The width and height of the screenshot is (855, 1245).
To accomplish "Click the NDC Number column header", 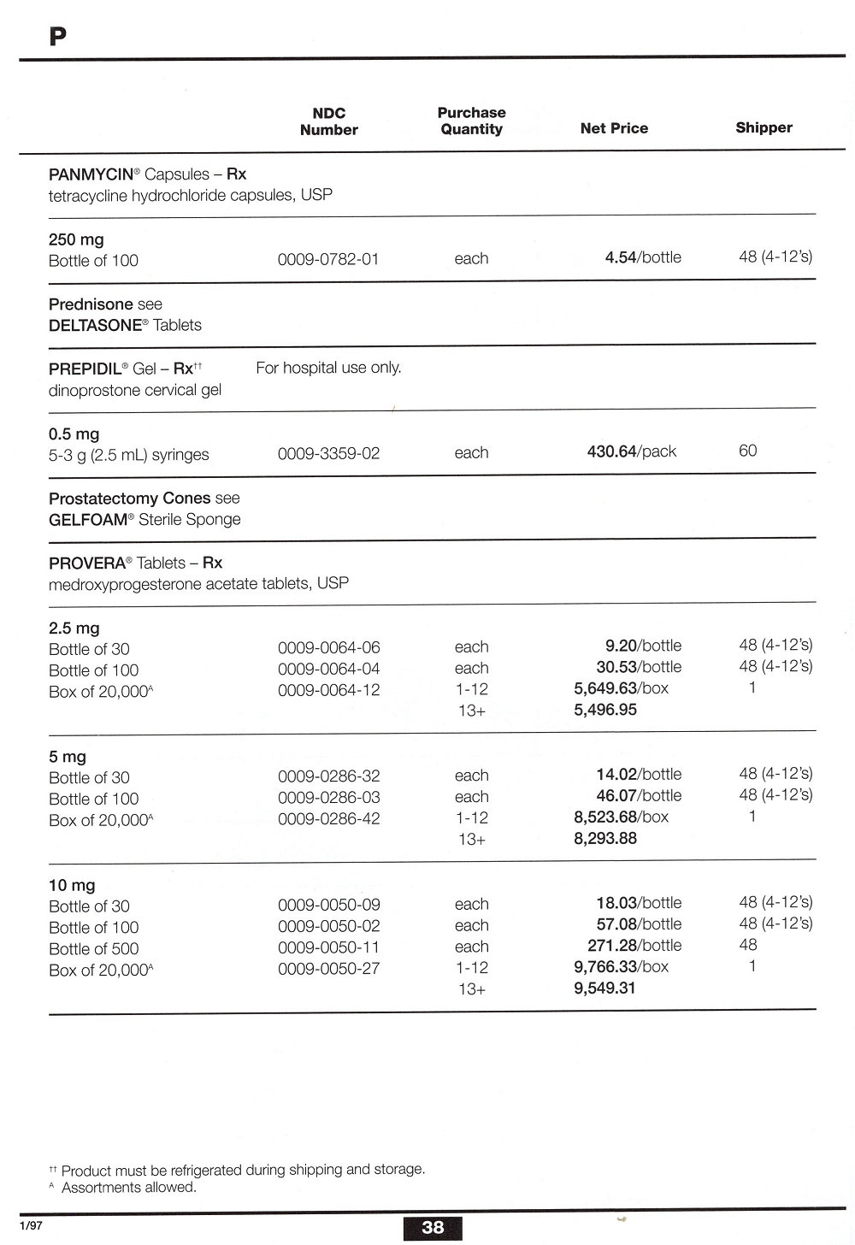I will [x=328, y=121].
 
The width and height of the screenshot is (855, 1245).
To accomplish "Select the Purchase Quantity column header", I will [x=471, y=121].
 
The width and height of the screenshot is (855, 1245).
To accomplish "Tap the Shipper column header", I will [x=764, y=127].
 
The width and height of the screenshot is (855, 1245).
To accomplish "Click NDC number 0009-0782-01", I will [x=328, y=259].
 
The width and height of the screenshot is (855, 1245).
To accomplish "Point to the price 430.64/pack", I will [x=632, y=451].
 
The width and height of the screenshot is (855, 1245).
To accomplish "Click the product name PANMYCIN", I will [x=91, y=174].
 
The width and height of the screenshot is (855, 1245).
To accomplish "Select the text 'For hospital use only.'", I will [x=328, y=368].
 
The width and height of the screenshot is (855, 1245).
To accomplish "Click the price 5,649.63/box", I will [x=621, y=688].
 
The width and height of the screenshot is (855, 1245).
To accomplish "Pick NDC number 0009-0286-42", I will [x=328, y=818].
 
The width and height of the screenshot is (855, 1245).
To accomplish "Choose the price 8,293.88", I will [x=605, y=839].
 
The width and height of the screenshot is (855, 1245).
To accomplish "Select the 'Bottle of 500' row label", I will [x=93, y=949].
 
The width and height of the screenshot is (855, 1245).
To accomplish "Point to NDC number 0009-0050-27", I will [x=328, y=969].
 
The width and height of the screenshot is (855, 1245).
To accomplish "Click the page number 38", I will [x=433, y=1228].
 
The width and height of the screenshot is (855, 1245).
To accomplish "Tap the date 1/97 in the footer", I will [x=32, y=1225].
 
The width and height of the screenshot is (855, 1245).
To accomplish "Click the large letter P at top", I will [x=57, y=37].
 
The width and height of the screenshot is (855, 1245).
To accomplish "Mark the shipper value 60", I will [x=747, y=451].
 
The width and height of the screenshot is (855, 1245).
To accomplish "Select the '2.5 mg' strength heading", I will [x=74, y=628].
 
